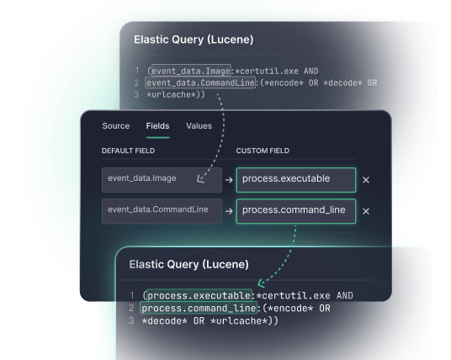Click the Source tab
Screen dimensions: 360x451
[x=115, y=126]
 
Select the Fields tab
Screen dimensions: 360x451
[x=157, y=126]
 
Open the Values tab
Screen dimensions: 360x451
[x=199, y=126]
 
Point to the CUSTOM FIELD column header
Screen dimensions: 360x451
[x=263, y=151]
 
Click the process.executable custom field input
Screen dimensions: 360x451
[x=295, y=179]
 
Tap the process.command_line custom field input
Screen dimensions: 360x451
[x=295, y=210]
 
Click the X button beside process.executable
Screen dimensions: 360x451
[x=365, y=179]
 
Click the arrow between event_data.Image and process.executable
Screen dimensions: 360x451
[x=229, y=179]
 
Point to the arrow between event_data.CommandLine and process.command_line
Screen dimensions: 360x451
[x=229, y=211]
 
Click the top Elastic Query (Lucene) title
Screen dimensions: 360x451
[x=194, y=40]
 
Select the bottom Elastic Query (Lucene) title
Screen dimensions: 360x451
[x=188, y=264]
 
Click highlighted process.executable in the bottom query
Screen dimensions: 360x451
[x=198, y=295]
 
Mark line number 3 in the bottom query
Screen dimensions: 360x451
[x=132, y=321]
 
